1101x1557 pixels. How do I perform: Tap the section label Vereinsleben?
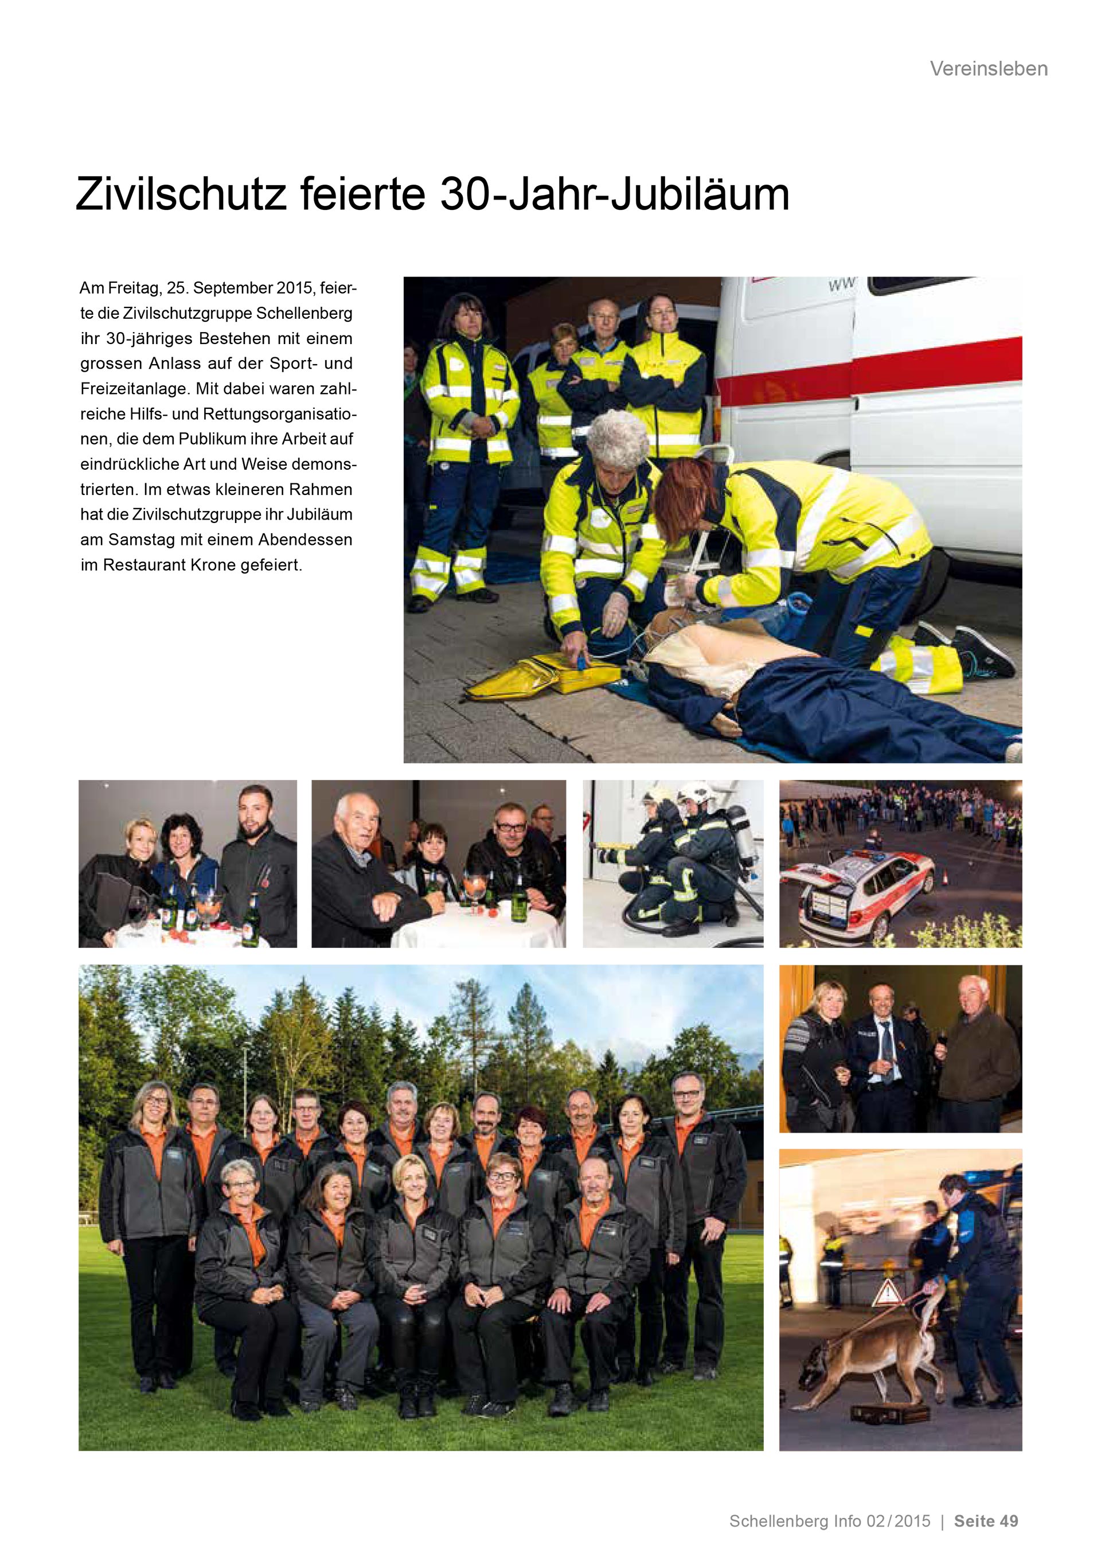click(x=988, y=68)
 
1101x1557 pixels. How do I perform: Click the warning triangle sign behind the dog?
click(x=885, y=1294)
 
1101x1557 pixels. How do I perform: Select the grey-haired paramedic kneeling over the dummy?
click(x=603, y=516)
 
